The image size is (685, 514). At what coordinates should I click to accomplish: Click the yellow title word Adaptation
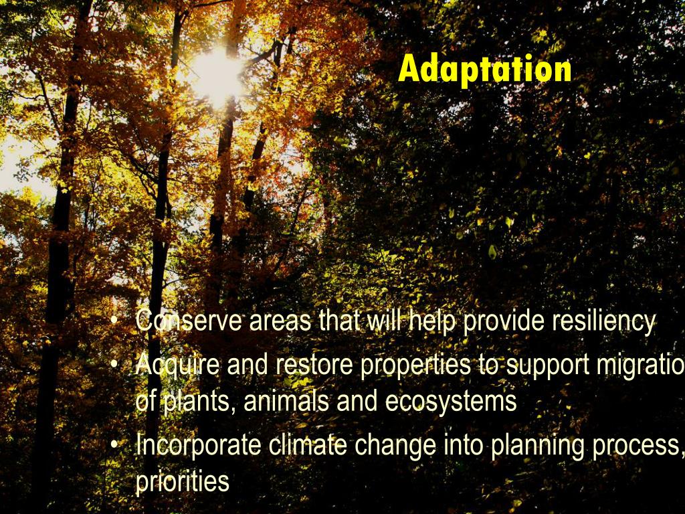pos(484,70)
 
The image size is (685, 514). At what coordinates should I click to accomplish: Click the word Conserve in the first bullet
pos(189,322)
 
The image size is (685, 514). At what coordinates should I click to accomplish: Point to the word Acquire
pos(177,365)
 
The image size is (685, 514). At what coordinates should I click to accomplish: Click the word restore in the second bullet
pos(314,365)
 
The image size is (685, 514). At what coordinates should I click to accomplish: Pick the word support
pos(541,365)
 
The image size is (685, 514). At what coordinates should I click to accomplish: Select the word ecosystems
pos(450,402)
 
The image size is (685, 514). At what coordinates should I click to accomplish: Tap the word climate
pos(308,446)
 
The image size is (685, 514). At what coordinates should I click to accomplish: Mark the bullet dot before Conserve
pos(116,323)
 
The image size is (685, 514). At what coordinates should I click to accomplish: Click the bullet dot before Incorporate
pos(116,446)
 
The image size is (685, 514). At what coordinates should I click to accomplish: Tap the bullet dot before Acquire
pos(116,365)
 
